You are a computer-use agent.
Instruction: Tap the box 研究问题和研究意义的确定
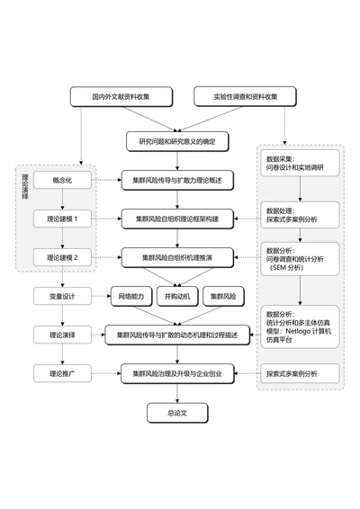pos(177,141)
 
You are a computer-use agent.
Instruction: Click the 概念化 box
pos(62,181)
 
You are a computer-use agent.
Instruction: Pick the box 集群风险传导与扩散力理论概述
pos(177,181)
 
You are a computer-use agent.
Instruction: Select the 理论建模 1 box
pos(62,219)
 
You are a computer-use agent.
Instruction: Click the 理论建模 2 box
pos(62,257)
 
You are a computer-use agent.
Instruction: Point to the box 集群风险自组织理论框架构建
pos(177,219)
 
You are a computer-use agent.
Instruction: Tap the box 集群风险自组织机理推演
pos(177,257)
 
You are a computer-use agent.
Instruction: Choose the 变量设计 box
pos(62,295)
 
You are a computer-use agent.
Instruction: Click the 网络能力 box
pos(129,295)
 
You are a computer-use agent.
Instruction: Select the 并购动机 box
pos(177,295)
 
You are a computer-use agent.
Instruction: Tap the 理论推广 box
pos(62,372)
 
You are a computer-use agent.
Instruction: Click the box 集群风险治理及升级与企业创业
pos(177,372)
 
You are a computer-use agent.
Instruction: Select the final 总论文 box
pos(177,413)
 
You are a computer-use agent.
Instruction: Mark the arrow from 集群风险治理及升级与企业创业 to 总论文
pos(177,392)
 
